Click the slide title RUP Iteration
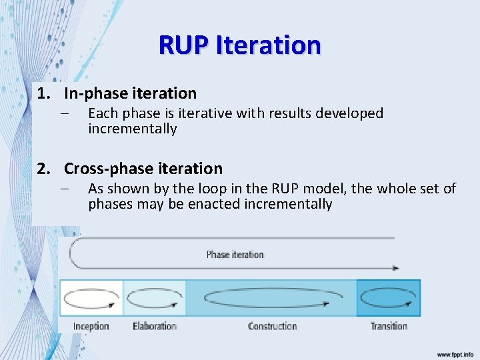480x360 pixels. [240, 45]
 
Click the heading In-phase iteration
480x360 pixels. [130, 93]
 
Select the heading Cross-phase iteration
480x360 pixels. [143, 169]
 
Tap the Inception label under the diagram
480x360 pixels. [91, 326]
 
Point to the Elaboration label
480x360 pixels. [155, 326]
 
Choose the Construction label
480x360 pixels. [272, 326]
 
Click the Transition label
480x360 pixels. [389, 326]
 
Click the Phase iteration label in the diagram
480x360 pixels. [235, 255]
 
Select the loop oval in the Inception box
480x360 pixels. [91, 298]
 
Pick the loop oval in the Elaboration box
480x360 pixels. [155, 298]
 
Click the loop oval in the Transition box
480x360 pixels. [389, 297]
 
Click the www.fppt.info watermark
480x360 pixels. [455, 354]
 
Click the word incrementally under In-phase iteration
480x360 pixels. [133, 129]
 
